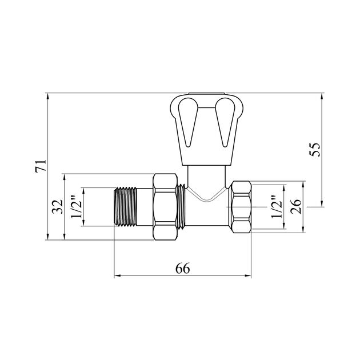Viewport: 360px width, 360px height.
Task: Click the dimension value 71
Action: tap(41, 166)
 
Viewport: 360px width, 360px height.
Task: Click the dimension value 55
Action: tap(314, 150)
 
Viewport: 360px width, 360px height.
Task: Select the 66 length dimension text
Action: tap(183, 268)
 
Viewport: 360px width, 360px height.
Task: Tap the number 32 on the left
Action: tap(57, 207)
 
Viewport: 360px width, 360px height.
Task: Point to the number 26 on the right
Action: tap(296, 207)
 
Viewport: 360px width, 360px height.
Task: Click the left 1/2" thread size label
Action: tap(77, 206)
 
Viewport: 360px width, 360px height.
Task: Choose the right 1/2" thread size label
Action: tap(277, 206)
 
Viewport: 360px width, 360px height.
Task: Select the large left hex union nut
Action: tap(165, 207)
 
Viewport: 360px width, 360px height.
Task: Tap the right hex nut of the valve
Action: tap(241, 207)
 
